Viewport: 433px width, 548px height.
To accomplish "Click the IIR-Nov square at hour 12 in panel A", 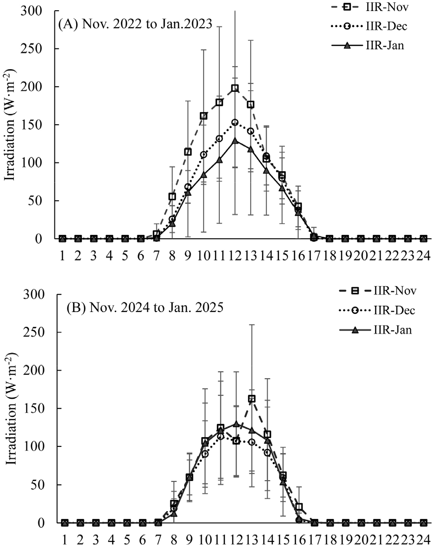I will tap(235, 88).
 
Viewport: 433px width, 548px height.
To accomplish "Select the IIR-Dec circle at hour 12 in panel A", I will tap(235, 122).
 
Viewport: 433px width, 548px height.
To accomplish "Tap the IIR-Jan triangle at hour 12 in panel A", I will tap(235, 140).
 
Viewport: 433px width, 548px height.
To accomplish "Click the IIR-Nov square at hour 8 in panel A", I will tap(172, 197).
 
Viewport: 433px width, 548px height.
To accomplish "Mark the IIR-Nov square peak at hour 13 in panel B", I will tap(252, 398).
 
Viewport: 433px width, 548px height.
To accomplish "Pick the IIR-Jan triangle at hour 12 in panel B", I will tap(236, 423).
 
